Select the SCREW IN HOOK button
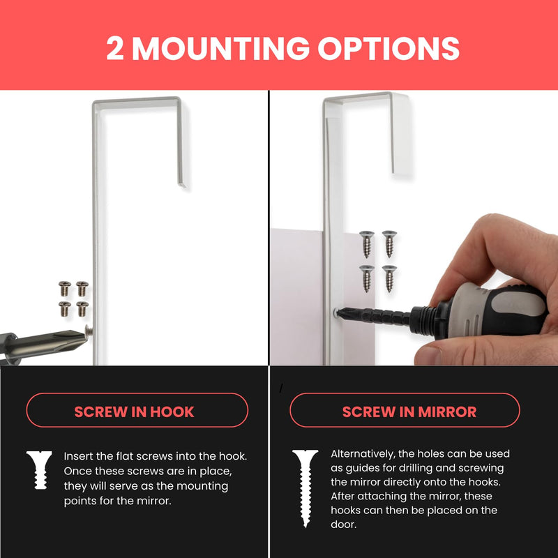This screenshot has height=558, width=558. [137, 410]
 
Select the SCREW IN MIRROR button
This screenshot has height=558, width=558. [405, 410]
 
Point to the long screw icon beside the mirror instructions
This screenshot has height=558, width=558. [305, 486]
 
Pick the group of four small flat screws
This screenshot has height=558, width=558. [73, 296]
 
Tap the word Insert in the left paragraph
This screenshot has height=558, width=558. [79, 456]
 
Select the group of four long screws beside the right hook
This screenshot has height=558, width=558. [378, 260]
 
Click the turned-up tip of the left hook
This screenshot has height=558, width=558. [183, 186]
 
